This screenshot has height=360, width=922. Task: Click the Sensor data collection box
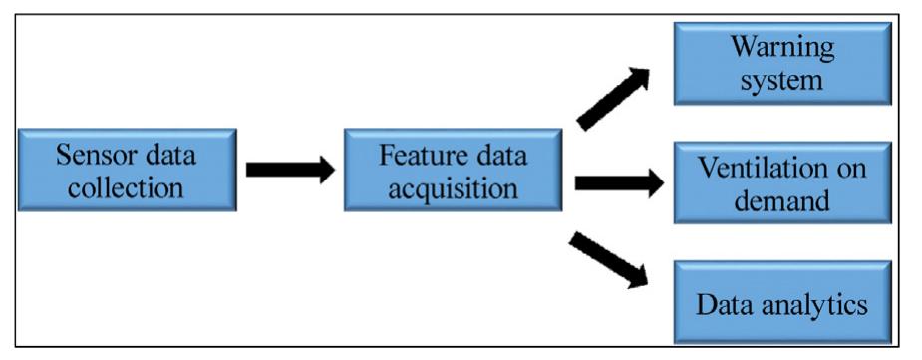point(127,170)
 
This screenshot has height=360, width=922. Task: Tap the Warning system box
point(781,62)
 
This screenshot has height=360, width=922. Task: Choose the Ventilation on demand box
point(781,182)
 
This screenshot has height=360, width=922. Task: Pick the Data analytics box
point(781,303)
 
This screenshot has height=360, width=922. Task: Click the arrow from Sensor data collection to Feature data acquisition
point(290,170)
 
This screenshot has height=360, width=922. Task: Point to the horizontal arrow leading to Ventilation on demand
point(619,182)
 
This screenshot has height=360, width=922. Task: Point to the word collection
point(127,187)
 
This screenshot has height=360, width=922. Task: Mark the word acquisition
point(454,187)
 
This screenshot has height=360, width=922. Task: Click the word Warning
point(781,46)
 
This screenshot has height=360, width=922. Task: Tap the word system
point(781,79)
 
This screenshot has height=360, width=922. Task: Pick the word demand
point(781,199)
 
